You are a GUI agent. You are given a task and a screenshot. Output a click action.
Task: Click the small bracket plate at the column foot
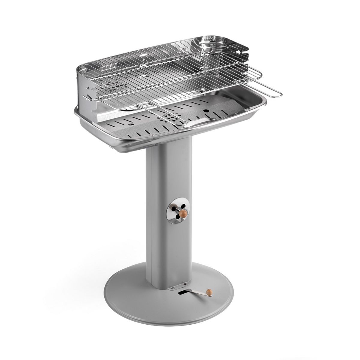pos(178,287)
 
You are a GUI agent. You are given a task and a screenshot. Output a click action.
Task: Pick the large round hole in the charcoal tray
pos(207,111)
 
